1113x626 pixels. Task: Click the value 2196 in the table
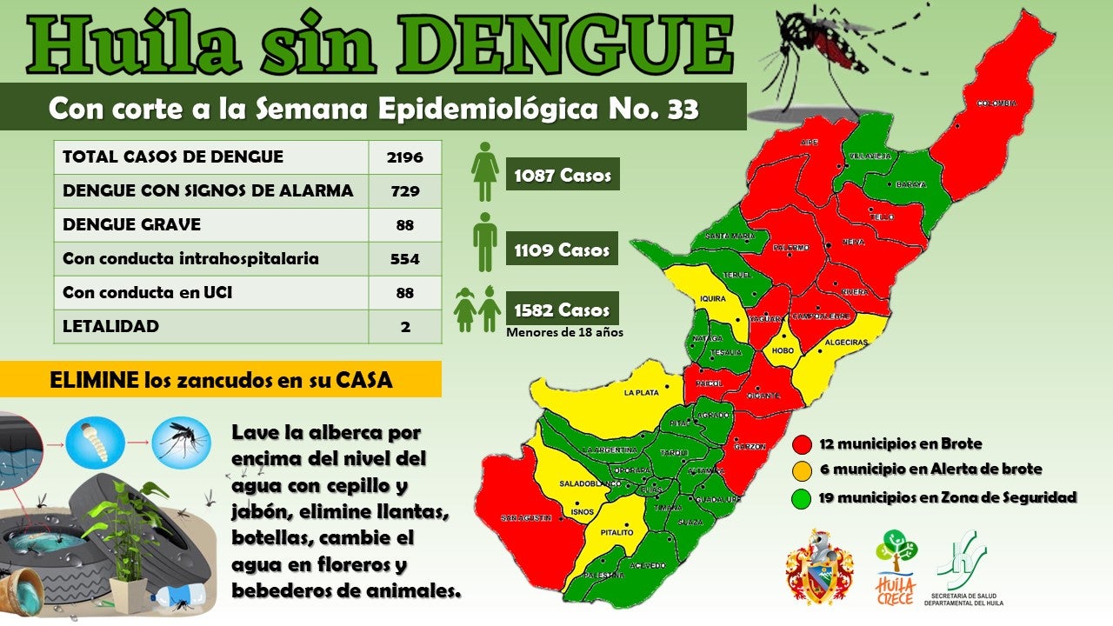click(404, 157)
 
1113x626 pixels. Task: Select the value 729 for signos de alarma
click(404, 191)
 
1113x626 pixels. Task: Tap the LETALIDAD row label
click(110, 327)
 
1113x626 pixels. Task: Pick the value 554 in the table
click(404, 259)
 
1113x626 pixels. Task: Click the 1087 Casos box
click(563, 176)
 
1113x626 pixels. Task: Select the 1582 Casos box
click(563, 310)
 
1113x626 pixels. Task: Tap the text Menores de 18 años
click(564, 332)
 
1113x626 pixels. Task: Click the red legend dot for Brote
click(803, 444)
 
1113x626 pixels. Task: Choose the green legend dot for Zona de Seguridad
click(803, 498)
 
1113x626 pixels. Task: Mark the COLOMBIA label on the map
click(996, 103)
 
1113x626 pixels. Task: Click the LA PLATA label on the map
click(641, 393)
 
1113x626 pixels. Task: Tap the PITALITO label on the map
click(616, 532)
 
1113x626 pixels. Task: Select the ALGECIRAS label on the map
click(847, 343)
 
